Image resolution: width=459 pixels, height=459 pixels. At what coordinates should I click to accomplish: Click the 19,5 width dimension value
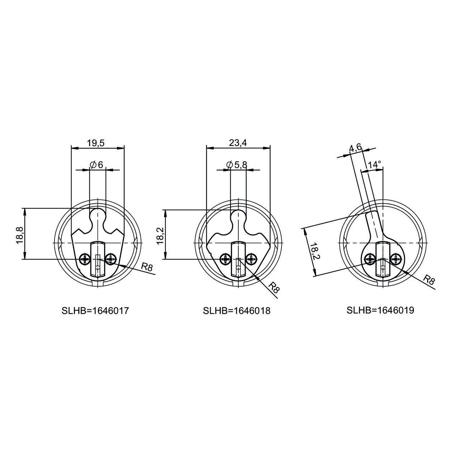point(95,143)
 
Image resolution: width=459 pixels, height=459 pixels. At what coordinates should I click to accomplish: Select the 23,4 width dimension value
point(238,143)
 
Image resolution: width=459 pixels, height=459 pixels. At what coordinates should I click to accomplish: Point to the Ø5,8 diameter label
point(237,165)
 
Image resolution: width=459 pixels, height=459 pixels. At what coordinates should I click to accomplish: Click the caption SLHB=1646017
point(95,311)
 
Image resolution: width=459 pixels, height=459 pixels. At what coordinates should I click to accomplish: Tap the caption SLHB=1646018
point(237,311)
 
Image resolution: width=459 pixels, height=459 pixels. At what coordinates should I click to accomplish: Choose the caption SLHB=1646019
point(380,311)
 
